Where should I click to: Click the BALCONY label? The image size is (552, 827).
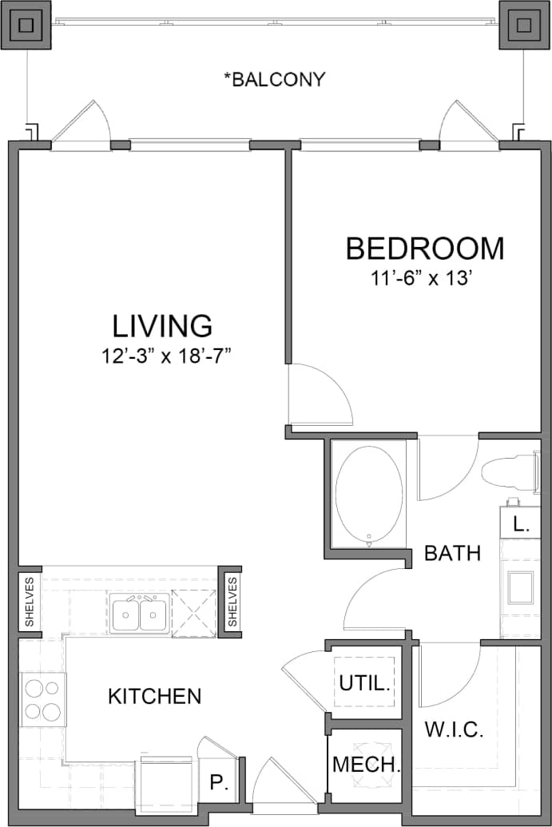(x=274, y=79)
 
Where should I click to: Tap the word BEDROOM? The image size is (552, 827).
(x=424, y=248)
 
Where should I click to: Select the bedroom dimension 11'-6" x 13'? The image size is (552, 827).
(x=424, y=279)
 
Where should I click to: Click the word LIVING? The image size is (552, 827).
(x=162, y=326)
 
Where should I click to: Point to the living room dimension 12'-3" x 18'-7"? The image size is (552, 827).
(x=166, y=356)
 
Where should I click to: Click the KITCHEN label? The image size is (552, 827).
(x=154, y=696)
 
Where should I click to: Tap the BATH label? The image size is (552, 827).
(x=452, y=553)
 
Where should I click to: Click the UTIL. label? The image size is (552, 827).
(x=364, y=683)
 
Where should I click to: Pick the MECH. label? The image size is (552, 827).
(x=365, y=764)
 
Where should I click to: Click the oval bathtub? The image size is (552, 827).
(x=368, y=495)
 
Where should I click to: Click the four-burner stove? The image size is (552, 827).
(x=42, y=699)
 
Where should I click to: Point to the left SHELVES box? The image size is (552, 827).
(x=30, y=602)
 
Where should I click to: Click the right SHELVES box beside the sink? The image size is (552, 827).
(x=232, y=602)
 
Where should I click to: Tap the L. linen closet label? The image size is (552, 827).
(x=520, y=525)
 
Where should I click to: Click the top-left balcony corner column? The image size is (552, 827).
(x=26, y=26)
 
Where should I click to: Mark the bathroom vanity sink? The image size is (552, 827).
(x=520, y=587)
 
